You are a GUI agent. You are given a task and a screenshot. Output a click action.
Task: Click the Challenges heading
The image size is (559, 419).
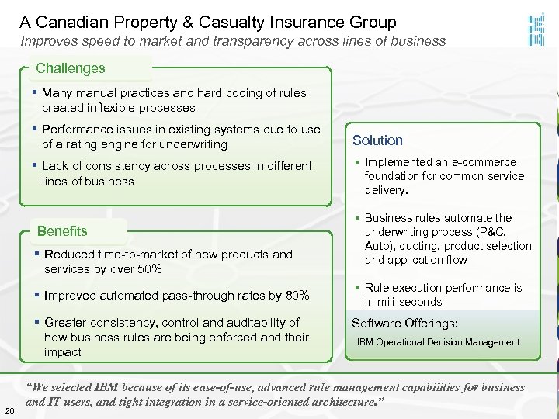71,68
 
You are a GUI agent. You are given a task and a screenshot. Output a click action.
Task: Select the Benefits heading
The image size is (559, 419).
63,230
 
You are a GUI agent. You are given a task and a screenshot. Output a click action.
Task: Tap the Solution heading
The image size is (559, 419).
377,140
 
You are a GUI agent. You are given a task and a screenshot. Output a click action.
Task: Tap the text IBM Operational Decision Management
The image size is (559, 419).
438,342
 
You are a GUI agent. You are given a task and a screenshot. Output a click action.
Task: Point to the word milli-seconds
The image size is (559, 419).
403,302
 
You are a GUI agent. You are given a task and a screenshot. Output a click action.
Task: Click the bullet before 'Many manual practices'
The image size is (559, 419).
36,92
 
